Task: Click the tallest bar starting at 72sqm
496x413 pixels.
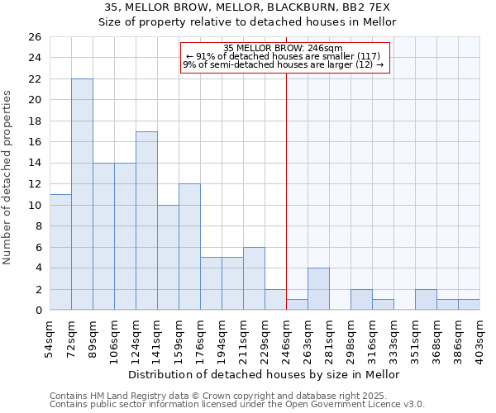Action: pyautogui.click(x=82, y=194)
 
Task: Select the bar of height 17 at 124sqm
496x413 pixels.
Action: pyautogui.click(x=146, y=221)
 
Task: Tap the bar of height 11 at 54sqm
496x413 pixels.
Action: pyautogui.click(x=60, y=252)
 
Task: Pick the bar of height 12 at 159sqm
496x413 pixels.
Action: pyautogui.click(x=189, y=247)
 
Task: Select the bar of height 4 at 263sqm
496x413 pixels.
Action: pyautogui.click(x=318, y=289)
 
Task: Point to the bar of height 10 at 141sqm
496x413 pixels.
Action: pyautogui.click(x=168, y=258)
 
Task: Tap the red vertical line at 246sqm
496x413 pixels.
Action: pyautogui.click(x=286, y=190)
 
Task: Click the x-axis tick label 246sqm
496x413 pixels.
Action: pyautogui.click(x=287, y=339)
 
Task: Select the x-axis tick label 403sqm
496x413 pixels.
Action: pyautogui.click(x=480, y=339)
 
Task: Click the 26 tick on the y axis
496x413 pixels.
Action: pyautogui.click(x=36, y=37)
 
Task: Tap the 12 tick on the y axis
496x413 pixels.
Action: pyautogui.click(x=36, y=184)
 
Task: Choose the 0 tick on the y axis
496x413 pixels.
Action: pyautogui.click(x=38, y=311)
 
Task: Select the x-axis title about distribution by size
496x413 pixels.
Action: pyautogui.click(x=265, y=374)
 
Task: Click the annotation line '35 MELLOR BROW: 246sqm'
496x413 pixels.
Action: pyautogui.click(x=283, y=48)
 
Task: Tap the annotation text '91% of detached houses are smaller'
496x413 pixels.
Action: pyautogui.click(x=283, y=56)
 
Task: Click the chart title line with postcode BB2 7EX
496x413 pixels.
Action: pyautogui.click(x=247, y=7)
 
